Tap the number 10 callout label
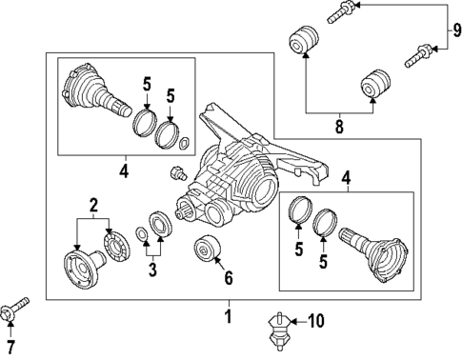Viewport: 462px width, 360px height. coord(315,322)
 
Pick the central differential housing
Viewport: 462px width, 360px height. coord(238,176)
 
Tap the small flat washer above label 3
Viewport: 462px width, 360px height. coord(140,234)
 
